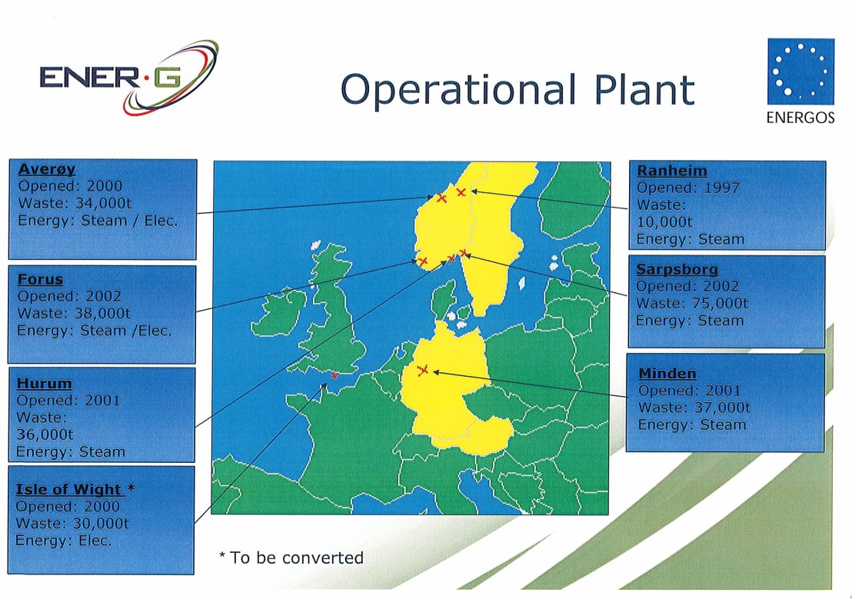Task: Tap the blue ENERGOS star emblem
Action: click(800, 72)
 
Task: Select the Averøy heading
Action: click(47, 169)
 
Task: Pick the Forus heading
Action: click(40, 279)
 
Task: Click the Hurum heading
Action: click(44, 383)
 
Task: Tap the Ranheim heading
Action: click(671, 171)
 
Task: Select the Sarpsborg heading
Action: click(677, 269)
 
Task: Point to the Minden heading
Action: click(667, 374)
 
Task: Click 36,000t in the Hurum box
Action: click(45, 435)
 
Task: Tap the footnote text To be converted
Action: click(296, 557)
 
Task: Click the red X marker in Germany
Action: click(423, 370)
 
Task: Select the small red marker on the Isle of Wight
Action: click(334, 375)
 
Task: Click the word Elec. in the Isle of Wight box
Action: click(95, 541)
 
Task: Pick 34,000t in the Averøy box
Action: click(103, 203)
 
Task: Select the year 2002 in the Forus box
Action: click(103, 296)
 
